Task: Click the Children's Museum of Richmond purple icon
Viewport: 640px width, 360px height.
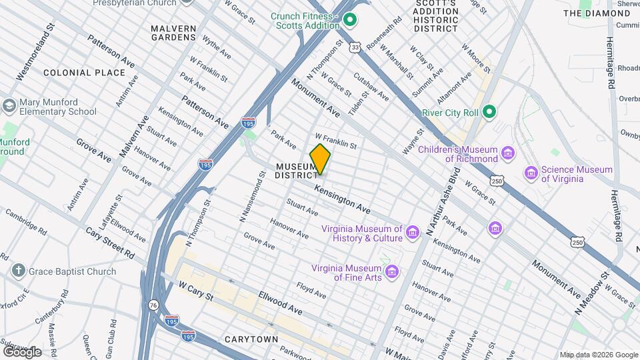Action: pyautogui.click(x=509, y=154)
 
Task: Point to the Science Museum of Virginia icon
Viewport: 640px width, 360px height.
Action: pyautogui.click(x=531, y=173)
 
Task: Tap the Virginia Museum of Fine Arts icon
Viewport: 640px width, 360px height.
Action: pyautogui.click(x=393, y=272)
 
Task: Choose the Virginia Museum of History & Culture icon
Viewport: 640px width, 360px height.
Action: pyautogui.click(x=413, y=232)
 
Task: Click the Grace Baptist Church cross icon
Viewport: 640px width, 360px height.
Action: pyautogui.click(x=18, y=271)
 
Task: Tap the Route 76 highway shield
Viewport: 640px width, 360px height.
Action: pyautogui.click(x=154, y=304)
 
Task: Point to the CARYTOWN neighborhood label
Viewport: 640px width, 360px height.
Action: pyautogui.click(x=251, y=339)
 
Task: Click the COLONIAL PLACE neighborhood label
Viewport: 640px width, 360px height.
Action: pyautogui.click(x=84, y=73)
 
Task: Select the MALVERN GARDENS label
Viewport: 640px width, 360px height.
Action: pyautogui.click(x=173, y=33)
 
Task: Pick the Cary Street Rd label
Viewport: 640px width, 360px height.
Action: pyautogui.click(x=111, y=243)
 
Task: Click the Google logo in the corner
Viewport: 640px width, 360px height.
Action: pyautogui.click(x=22, y=351)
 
